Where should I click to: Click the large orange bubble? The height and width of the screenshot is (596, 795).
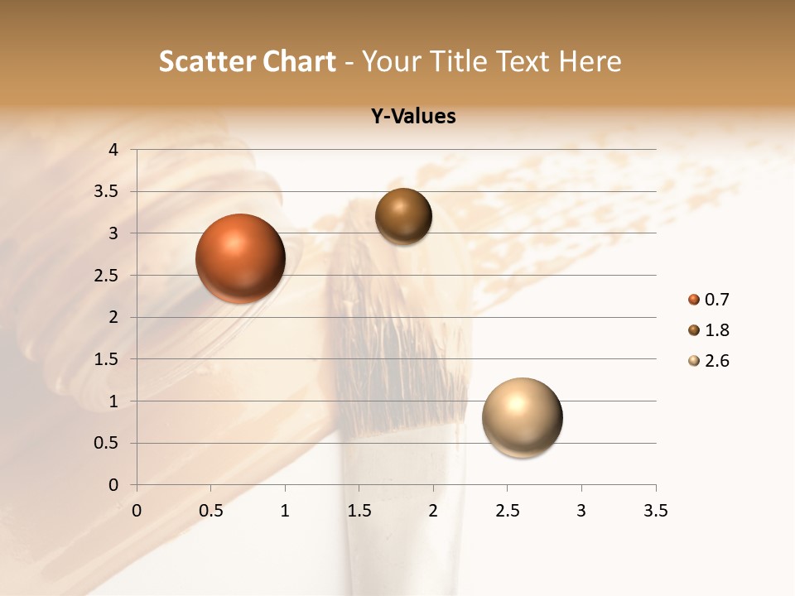tap(240, 258)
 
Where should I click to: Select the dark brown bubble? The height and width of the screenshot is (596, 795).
tap(403, 217)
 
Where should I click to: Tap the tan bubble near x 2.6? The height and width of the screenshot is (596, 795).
tap(522, 417)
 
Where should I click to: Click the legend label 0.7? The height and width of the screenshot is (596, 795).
tap(716, 300)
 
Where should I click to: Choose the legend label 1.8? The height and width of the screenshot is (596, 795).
tap(716, 330)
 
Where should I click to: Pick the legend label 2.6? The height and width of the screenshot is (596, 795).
tap(716, 361)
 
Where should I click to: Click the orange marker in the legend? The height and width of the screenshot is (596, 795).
tap(694, 300)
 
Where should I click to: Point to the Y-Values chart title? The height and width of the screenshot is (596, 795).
tap(412, 117)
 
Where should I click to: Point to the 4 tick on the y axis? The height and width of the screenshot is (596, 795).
tap(113, 150)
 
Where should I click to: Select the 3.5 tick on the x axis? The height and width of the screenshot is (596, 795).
tap(655, 511)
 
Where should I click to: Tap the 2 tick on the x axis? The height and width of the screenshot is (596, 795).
tap(433, 511)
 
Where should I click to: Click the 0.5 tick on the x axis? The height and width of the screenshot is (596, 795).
tap(211, 511)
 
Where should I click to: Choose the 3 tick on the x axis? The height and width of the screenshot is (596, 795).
tap(581, 511)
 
